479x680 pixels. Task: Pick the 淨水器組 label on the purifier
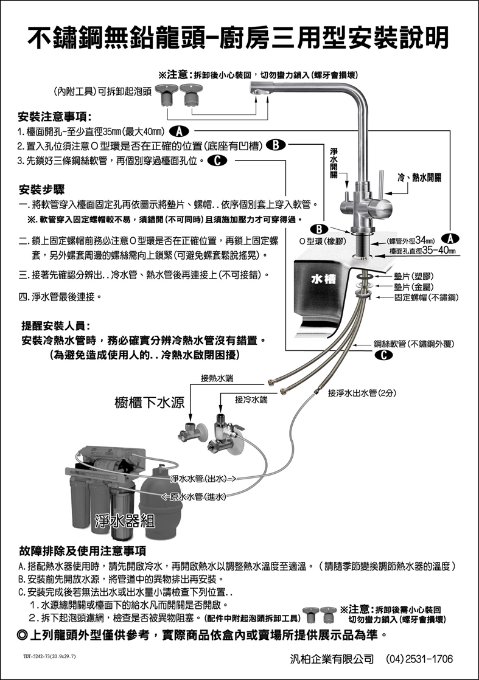(x=125, y=521)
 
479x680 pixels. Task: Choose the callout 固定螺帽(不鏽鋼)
(x=426, y=297)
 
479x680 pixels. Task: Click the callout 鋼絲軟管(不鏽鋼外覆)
(x=420, y=344)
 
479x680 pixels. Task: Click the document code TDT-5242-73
(x=49, y=657)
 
